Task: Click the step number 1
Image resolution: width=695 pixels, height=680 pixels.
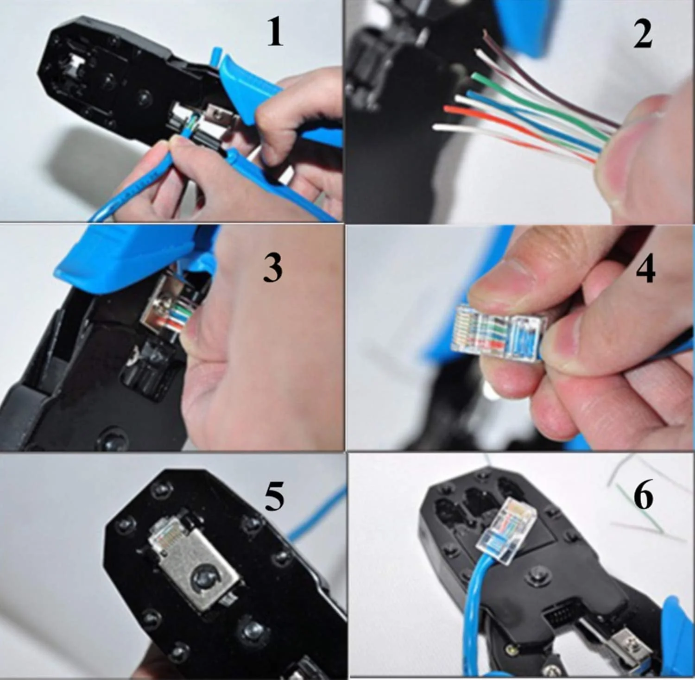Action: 275,33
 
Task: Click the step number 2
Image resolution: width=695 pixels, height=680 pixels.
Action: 643,34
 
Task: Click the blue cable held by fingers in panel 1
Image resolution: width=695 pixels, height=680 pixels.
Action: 134,185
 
